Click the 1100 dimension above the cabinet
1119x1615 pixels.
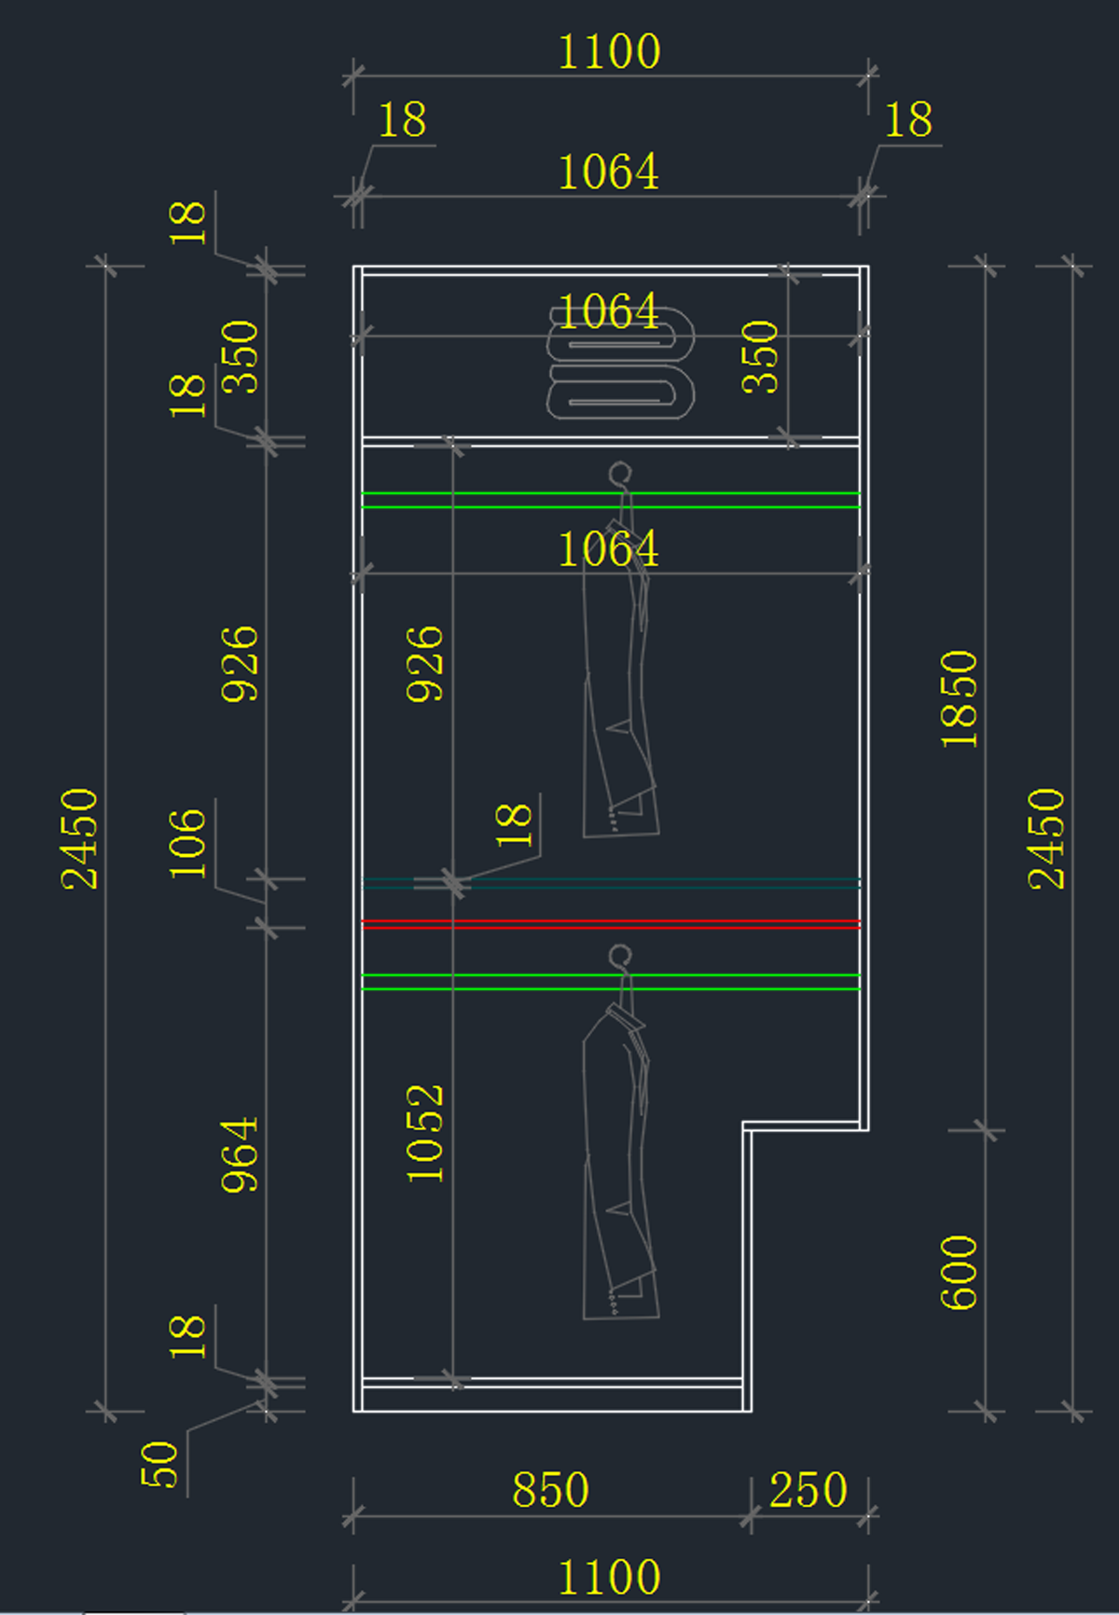(x=609, y=51)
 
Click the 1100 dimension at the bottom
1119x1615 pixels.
(x=609, y=1578)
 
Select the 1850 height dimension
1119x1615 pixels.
(x=959, y=699)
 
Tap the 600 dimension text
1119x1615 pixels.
(x=959, y=1273)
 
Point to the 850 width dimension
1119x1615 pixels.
(x=550, y=1490)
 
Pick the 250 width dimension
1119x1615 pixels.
(x=808, y=1490)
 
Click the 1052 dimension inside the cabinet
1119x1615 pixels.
(x=425, y=1133)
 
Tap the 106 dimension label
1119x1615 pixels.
(x=187, y=844)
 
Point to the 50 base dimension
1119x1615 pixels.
(x=159, y=1464)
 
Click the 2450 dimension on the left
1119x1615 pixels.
(x=79, y=839)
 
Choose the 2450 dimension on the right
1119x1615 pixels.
(x=1046, y=839)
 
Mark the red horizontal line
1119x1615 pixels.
(x=611, y=924)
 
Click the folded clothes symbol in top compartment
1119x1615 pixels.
(x=621, y=364)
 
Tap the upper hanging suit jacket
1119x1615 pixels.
(x=617, y=690)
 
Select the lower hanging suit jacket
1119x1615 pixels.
(x=617, y=1166)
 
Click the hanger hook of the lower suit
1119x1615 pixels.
(x=620, y=956)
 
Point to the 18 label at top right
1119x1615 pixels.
(x=907, y=120)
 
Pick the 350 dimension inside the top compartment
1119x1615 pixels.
(x=760, y=357)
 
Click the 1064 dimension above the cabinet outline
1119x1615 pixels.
(x=608, y=173)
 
